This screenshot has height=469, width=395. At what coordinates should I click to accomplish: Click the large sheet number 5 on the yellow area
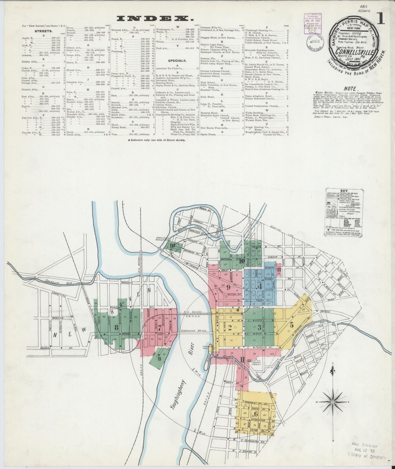coord(291,325)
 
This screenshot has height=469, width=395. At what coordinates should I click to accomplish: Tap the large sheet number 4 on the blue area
coord(260,286)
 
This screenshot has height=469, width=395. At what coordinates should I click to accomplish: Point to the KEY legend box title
coord(344,191)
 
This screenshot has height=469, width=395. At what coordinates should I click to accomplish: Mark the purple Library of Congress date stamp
coord(314,24)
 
